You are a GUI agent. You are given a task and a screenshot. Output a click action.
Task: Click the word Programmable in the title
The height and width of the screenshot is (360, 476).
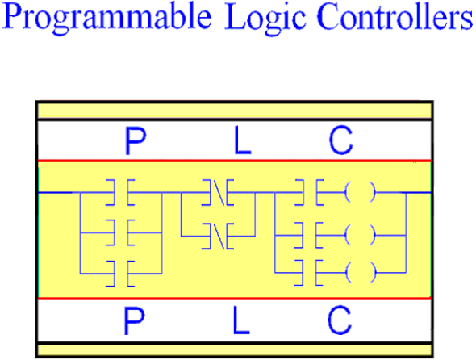coord(106,19)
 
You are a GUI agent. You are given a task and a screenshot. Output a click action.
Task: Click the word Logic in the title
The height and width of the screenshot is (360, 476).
coord(265,19)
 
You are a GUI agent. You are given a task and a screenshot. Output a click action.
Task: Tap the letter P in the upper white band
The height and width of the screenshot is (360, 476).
coord(136,140)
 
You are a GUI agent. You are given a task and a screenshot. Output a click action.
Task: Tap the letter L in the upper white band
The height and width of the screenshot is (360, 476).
coord(243,140)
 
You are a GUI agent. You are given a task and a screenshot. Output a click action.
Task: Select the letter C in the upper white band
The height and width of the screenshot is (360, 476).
coord(341,140)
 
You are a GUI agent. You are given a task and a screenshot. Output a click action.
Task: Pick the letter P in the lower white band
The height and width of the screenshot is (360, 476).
coord(135,320)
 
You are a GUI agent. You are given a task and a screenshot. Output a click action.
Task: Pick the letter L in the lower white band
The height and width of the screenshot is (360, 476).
coord(241,320)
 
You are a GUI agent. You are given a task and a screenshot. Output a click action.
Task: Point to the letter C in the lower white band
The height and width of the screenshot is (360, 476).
coord(340,320)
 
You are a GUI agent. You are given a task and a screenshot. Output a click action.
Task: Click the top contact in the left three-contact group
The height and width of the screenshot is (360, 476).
coord(120,193)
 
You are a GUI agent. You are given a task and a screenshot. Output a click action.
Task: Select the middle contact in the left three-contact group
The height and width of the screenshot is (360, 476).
coord(120,232)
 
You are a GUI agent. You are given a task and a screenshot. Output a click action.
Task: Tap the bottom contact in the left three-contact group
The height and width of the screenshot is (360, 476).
coord(120,274)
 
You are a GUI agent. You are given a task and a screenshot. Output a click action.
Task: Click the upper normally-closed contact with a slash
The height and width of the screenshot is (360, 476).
coord(218,193)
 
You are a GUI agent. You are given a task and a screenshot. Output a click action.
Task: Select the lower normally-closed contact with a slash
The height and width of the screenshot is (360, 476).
coord(218,236)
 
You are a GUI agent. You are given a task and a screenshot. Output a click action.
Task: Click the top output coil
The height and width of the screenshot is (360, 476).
coord(361,192)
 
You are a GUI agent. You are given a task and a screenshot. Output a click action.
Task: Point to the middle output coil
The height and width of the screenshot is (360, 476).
coord(361,235)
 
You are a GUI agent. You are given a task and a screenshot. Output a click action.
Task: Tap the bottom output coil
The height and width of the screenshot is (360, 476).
coord(361,272)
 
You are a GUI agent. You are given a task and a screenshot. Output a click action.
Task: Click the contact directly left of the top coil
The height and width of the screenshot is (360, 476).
coord(309,192)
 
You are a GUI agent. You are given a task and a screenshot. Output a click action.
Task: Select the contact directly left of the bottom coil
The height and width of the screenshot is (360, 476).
coord(309,273)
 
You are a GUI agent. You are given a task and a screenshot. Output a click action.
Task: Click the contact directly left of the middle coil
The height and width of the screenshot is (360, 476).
coord(309,235)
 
